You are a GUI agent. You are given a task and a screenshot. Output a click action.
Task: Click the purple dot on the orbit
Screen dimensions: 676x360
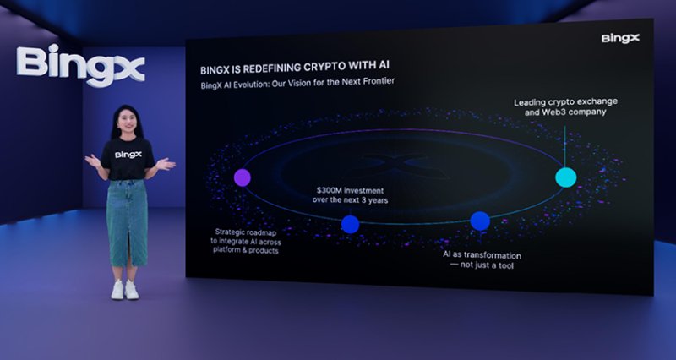click(243, 177)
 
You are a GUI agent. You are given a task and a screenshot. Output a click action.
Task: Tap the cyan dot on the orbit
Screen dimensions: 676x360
click(565, 177)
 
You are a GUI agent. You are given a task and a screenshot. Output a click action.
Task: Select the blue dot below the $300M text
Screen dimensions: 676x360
click(350, 224)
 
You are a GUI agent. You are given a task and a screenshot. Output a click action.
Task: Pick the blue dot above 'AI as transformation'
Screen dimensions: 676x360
click(480, 221)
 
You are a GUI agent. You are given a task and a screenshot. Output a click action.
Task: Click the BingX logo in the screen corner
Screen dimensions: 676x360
click(620, 38)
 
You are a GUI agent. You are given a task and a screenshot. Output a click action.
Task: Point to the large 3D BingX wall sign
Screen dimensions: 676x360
click(80, 65)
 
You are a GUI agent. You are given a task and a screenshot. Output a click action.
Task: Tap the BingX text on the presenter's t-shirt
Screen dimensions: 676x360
click(128, 155)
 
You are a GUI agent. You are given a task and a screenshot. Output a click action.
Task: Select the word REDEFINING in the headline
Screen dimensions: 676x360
click(270, 68)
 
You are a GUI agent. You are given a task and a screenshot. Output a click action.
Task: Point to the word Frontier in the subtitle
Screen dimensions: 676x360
click(379, 81)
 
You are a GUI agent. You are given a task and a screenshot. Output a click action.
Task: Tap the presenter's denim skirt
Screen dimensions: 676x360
click(128, 223)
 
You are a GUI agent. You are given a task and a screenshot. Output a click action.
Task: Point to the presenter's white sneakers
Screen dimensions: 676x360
click(125, 290)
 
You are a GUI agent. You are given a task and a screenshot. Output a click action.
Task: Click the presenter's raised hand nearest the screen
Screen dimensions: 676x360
click(166, 164)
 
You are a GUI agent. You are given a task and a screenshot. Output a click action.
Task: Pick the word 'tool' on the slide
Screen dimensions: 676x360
click(506, 265)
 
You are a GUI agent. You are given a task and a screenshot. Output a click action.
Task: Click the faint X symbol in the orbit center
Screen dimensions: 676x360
click(397, 166)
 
